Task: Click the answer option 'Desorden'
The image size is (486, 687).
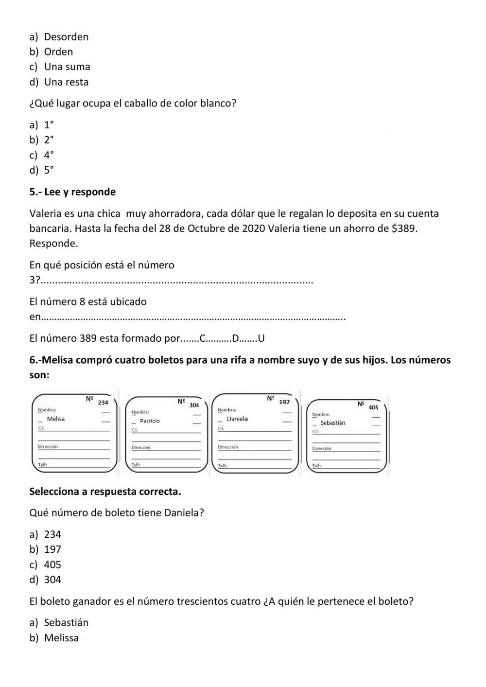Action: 66,37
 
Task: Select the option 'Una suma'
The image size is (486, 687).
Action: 67,67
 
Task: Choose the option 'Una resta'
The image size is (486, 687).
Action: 66,82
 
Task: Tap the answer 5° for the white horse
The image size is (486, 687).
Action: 49,170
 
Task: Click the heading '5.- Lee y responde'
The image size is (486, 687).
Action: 72,192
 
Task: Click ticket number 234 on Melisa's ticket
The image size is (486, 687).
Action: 103,403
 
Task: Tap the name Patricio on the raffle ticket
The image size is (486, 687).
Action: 150,421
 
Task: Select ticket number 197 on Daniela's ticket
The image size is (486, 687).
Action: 284,402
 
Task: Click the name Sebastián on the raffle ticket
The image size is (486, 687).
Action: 333,423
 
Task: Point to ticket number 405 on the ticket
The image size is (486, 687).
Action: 373,407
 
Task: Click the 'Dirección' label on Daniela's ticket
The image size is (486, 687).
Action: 228,447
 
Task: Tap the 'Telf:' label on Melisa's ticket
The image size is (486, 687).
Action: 42,465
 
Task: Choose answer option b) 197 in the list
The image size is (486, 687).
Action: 52,549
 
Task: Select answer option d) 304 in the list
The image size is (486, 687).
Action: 52,580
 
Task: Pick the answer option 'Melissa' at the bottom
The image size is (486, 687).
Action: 61,638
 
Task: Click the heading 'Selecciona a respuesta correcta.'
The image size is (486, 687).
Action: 105,492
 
